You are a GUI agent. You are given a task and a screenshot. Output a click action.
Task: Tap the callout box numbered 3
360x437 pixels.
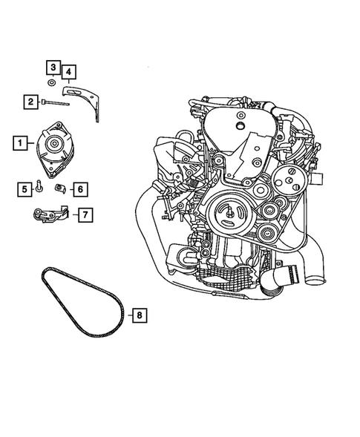pos(53,68)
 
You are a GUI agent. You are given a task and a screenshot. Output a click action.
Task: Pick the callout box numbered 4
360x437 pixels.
pos(68,71)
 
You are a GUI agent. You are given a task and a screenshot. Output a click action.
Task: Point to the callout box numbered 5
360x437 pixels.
pos(24,190)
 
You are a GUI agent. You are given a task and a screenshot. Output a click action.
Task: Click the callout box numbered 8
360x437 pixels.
pos(139,315)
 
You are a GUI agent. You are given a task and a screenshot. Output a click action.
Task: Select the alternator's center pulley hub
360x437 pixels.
pos(56,144)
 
